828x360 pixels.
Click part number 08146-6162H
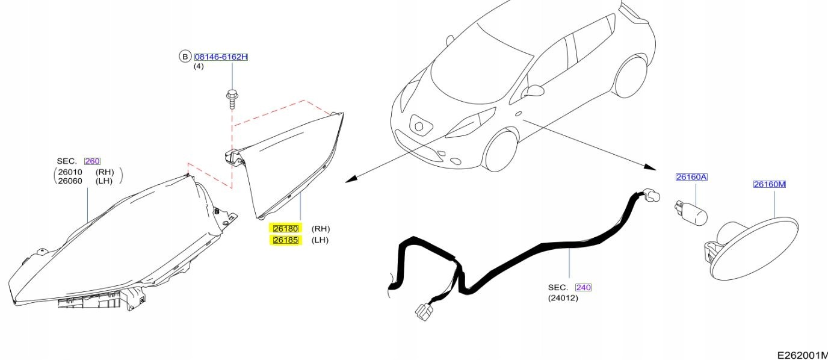(x=221, y=57)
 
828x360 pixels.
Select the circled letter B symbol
(x=184, y=57)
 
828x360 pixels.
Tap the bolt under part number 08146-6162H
(x=231, y=98)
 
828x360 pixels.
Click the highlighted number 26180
(x=285, y=229)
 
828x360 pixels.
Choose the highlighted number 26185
(x=285, y=240)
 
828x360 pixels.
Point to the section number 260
(x=92, y=161)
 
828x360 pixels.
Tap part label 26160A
(x=691, y=177)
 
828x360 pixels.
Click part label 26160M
(x=770, y=184)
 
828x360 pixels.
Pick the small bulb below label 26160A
(x=690, y=213)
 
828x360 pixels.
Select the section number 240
(x=583, y=287)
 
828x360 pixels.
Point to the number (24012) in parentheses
(x=563, y=297)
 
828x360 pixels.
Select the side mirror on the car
(x=534, y=90)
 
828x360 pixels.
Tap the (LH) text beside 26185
(x=320, y=240)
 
